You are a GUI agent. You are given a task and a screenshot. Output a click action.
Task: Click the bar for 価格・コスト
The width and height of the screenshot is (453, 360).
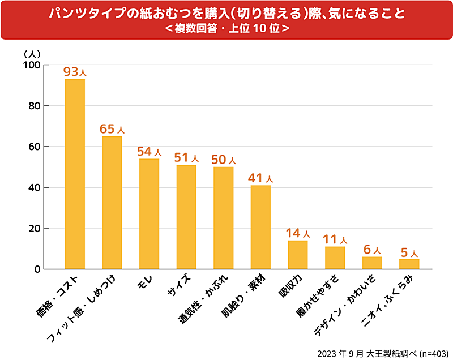75,174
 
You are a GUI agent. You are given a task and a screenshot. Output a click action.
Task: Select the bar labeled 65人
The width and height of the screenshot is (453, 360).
112,202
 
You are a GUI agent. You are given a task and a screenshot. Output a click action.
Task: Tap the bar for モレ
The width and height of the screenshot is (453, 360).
149,213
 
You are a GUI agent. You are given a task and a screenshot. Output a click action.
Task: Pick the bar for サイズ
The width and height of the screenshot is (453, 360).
186,216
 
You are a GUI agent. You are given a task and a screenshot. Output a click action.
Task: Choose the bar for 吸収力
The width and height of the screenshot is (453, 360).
297,254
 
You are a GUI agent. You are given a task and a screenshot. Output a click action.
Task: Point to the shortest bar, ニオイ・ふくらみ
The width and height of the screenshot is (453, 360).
409,263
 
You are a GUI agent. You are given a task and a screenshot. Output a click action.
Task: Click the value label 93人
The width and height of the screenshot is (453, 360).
75,72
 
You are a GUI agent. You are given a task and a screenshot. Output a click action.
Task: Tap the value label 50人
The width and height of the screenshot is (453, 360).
223,160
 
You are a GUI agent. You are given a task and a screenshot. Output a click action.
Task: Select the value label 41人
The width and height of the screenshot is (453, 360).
260,178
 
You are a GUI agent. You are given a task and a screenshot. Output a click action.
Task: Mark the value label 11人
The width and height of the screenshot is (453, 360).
335,239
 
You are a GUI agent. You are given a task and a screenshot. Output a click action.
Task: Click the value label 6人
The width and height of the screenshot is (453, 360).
372,249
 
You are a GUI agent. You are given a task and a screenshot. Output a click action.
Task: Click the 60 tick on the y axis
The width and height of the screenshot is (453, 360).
35,147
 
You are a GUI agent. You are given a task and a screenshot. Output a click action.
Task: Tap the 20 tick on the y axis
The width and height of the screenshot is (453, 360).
35,228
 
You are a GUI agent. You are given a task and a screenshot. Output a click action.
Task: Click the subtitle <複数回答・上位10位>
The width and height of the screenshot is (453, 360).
226,28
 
